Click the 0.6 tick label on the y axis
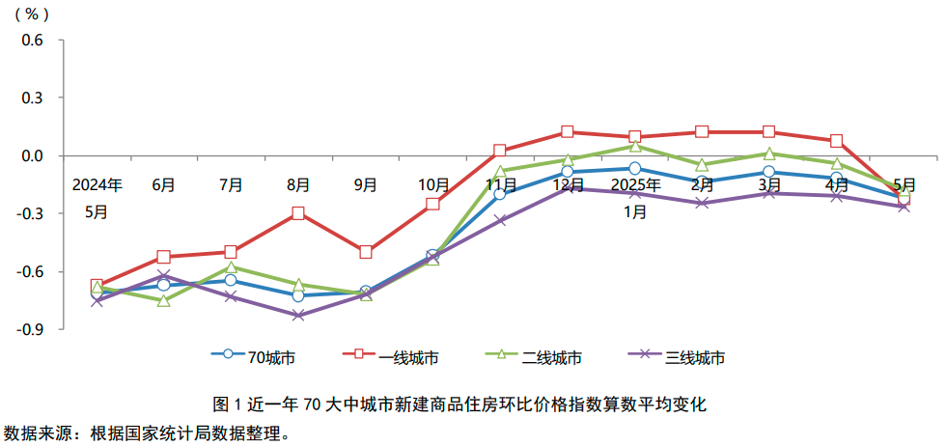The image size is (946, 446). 34,41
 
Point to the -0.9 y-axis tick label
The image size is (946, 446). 32,329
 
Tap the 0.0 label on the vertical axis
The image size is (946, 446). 34,156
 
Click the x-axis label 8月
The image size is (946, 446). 298,183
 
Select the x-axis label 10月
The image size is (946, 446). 433,183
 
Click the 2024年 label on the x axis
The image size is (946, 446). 97,183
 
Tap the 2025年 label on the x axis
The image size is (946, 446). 635,183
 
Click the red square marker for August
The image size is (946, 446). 298,213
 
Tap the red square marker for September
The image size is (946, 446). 366,252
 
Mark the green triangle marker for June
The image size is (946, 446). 163,301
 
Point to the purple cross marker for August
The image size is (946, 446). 298,316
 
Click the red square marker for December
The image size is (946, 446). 568,132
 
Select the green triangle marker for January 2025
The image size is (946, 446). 635,146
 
